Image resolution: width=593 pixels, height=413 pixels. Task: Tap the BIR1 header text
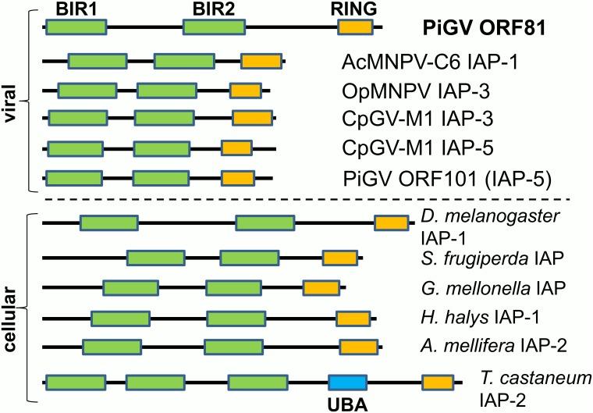76,8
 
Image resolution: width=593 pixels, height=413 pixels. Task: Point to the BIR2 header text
213,8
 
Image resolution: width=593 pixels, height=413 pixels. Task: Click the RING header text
354,8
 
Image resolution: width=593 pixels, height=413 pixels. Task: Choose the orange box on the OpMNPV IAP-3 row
245,91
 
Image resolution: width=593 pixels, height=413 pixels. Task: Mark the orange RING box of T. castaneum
438,383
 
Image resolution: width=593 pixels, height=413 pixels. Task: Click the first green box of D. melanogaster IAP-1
108,223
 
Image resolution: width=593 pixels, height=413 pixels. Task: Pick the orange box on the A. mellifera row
357,346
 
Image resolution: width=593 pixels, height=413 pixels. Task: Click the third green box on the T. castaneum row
258,383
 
